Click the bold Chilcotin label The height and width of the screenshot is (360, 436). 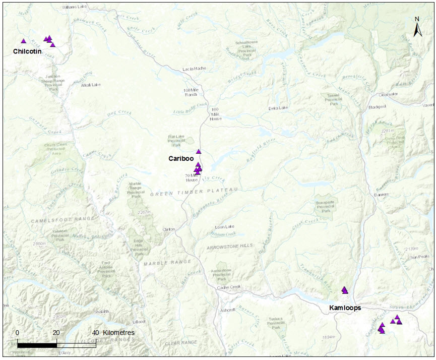pyautogui.click(x=27, y=51)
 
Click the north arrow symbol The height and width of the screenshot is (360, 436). pyautogui.click(x=417, y=28)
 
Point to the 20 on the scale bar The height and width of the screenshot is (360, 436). pyautogui.click(x=56, y=333)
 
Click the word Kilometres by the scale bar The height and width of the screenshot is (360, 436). pyautogui.click(x=118, y=333)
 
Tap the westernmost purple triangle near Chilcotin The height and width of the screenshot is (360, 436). pyautogui.click(x=23, y=41)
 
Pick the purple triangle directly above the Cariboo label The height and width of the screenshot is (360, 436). pyautogui.click(x=199, y=151)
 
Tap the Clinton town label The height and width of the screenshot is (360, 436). pyautogui.click(x=168, y=229)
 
